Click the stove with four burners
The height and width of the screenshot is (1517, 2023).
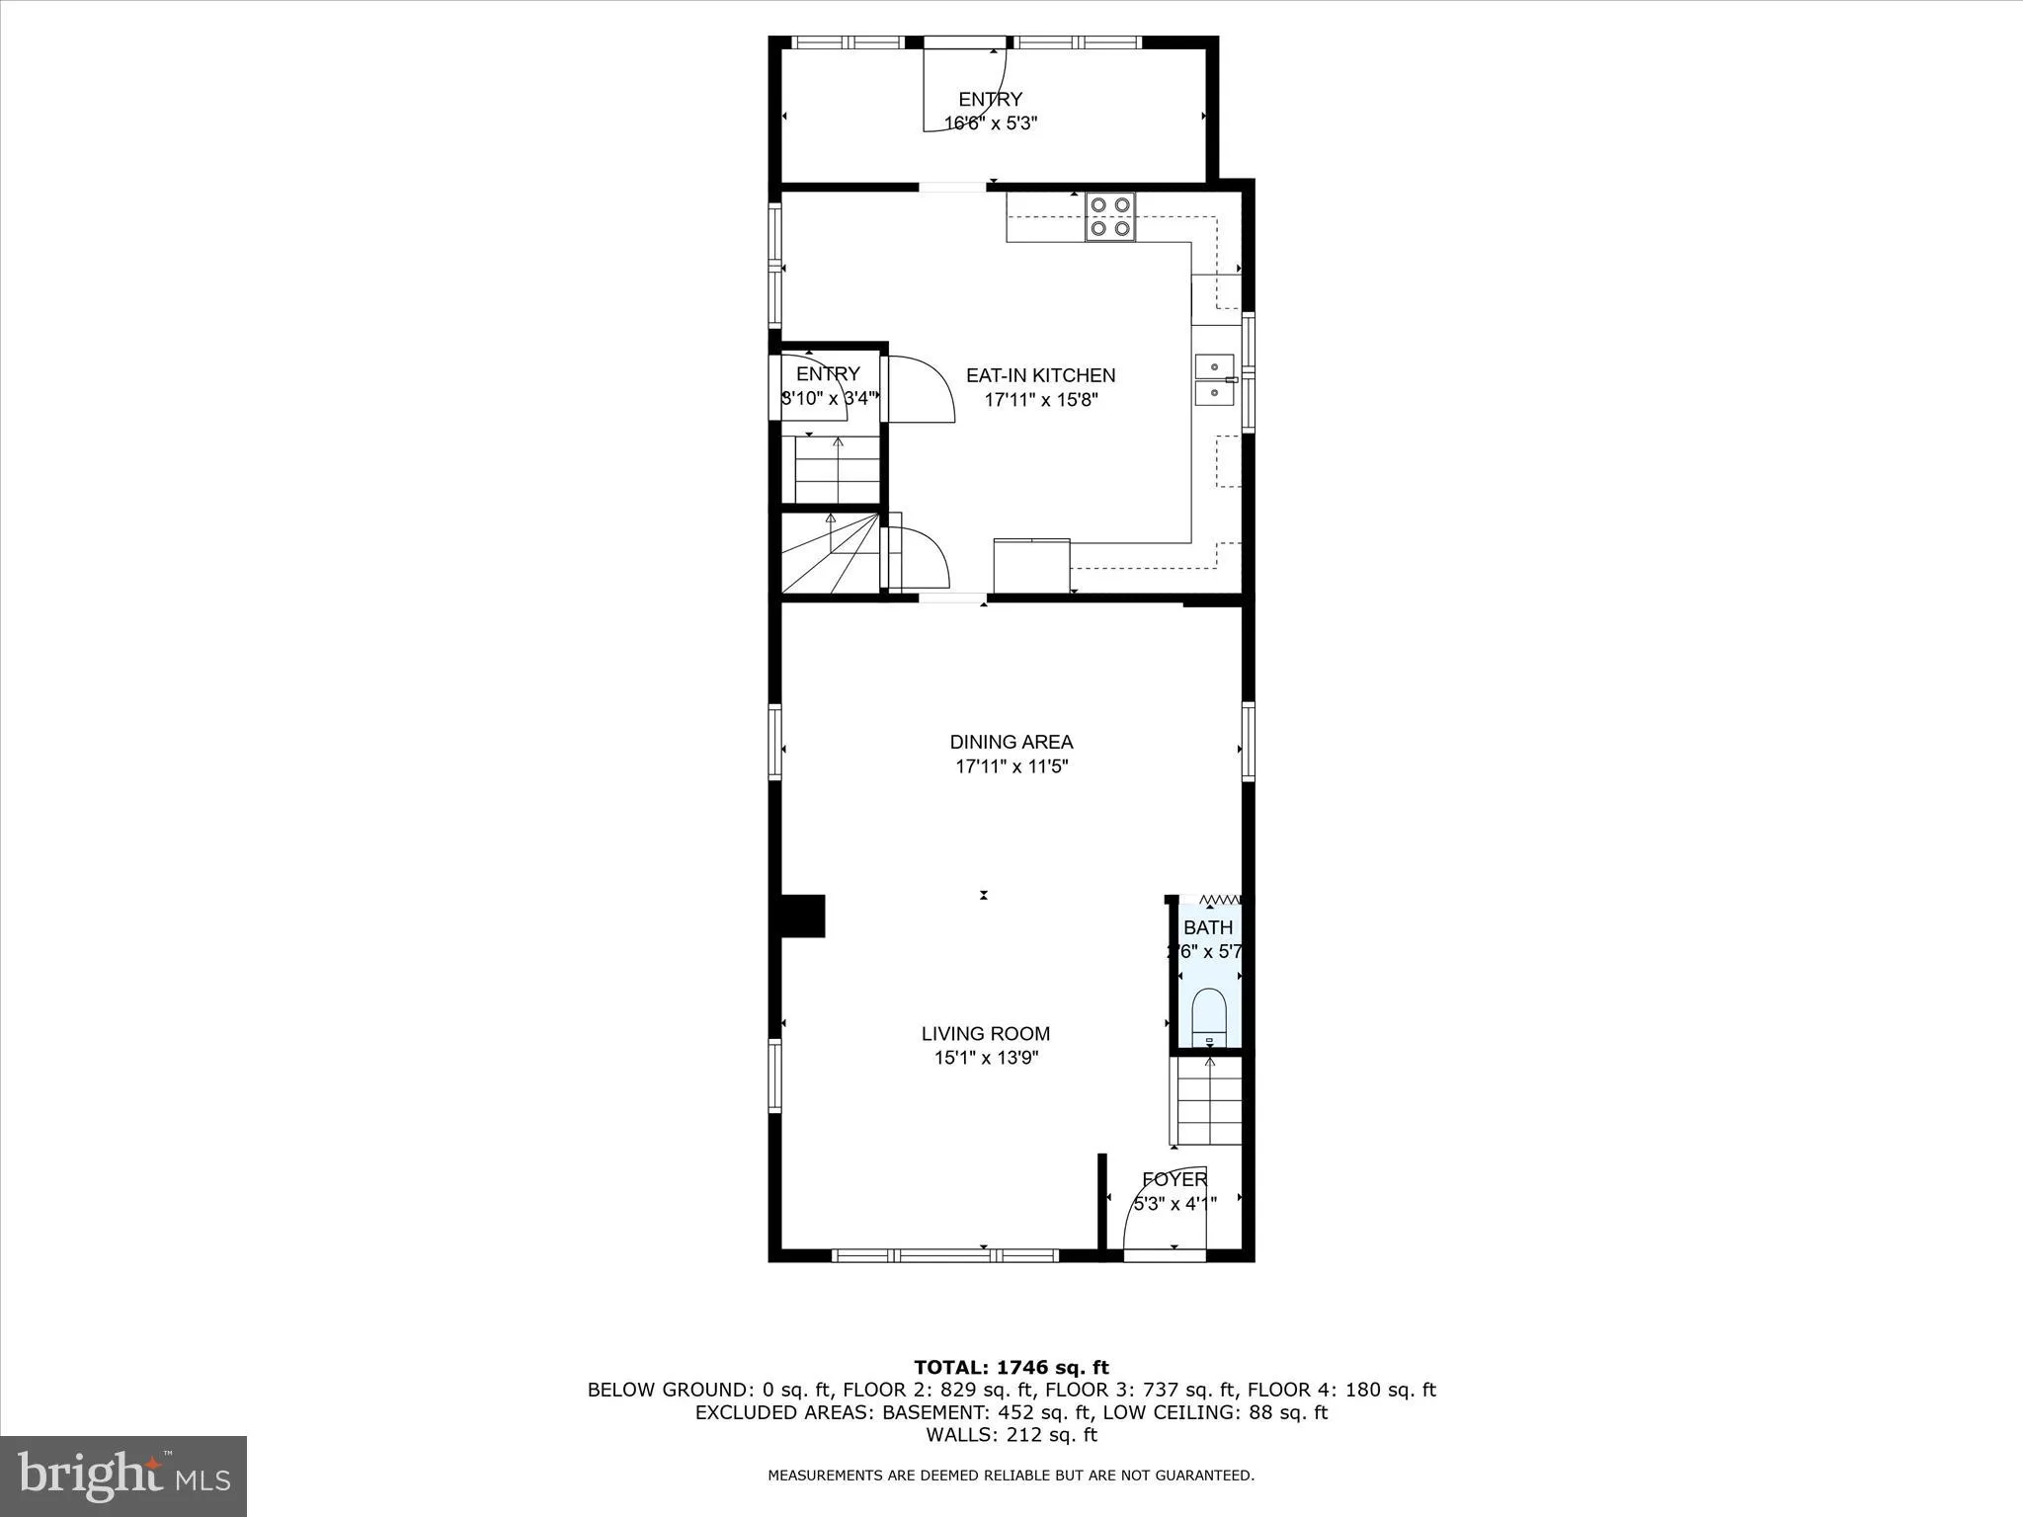click(x=1110, y=217)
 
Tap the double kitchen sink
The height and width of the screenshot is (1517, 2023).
click(x=1215, y=380)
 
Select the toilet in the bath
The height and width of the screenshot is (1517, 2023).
click(x=1209, y=1018)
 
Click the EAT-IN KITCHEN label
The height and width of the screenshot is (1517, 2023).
click(x=1040, y=375)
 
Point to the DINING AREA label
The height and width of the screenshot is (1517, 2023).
click(x=1011, y=742)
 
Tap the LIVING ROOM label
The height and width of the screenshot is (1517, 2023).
click(x=985, y=1034)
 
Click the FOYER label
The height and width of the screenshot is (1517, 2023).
click(x=1173, y=1179)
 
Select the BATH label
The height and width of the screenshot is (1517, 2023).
click(x=1208, y=927)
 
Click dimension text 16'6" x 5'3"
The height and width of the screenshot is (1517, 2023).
click(x=990, y=123)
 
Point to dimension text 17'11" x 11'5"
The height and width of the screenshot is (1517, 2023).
click(x=1011, y=766)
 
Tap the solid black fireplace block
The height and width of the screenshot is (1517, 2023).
click(x=802, y=916)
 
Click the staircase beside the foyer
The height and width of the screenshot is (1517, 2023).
click(x=1207, y=1101)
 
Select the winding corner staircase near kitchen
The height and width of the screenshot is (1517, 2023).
click(x=830, y=556)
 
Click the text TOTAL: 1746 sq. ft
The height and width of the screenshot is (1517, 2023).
click(x=1011, y=1368)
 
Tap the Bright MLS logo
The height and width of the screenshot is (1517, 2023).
click(x=123, y=1476)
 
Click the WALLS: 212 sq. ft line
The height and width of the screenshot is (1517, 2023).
click(x=1011, y=1435)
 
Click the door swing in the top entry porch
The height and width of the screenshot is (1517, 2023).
click(x=963, y=89)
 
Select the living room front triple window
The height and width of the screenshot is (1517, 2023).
click(x=945, y=1255)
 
